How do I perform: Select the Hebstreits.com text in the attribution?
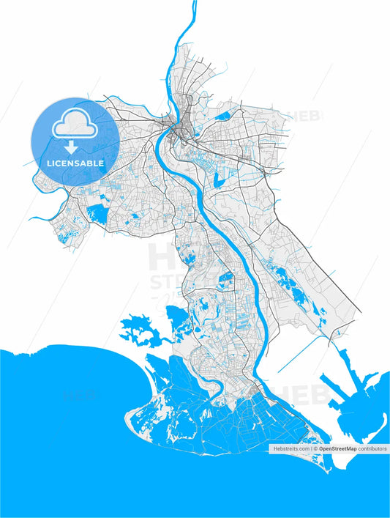click(x=290, y=448)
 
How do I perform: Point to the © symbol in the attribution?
click(x=316, y=448)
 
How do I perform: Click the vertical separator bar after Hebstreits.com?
click(x=311, y=448)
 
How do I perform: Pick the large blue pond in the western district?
click(x=96, y=214)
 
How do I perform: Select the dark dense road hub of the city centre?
click(x=178, y=132)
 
